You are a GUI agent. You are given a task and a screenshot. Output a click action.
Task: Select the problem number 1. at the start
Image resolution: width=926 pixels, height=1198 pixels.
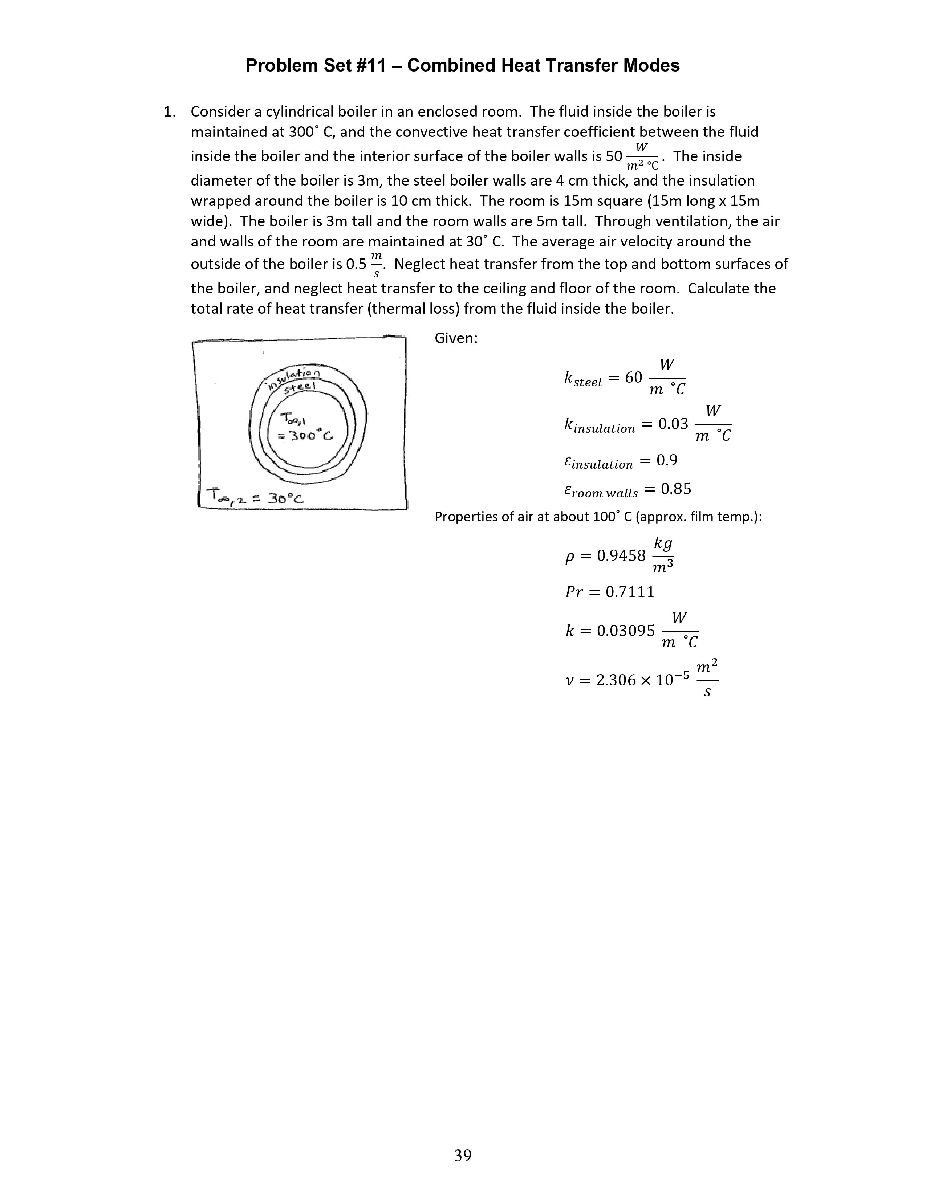pos(170,112)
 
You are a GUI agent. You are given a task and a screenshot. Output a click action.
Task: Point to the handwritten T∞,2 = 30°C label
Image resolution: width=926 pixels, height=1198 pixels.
pos(253,497)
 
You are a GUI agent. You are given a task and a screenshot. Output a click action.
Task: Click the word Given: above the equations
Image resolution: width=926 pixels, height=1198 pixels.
pos(456,338)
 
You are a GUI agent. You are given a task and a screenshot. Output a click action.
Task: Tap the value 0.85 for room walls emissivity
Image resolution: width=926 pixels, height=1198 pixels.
pos(676,489)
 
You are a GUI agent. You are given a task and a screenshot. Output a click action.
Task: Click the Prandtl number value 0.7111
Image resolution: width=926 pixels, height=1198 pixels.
pos(630,592)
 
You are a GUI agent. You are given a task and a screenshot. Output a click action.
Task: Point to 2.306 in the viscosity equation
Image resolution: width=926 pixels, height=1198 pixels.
pos(616,680)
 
